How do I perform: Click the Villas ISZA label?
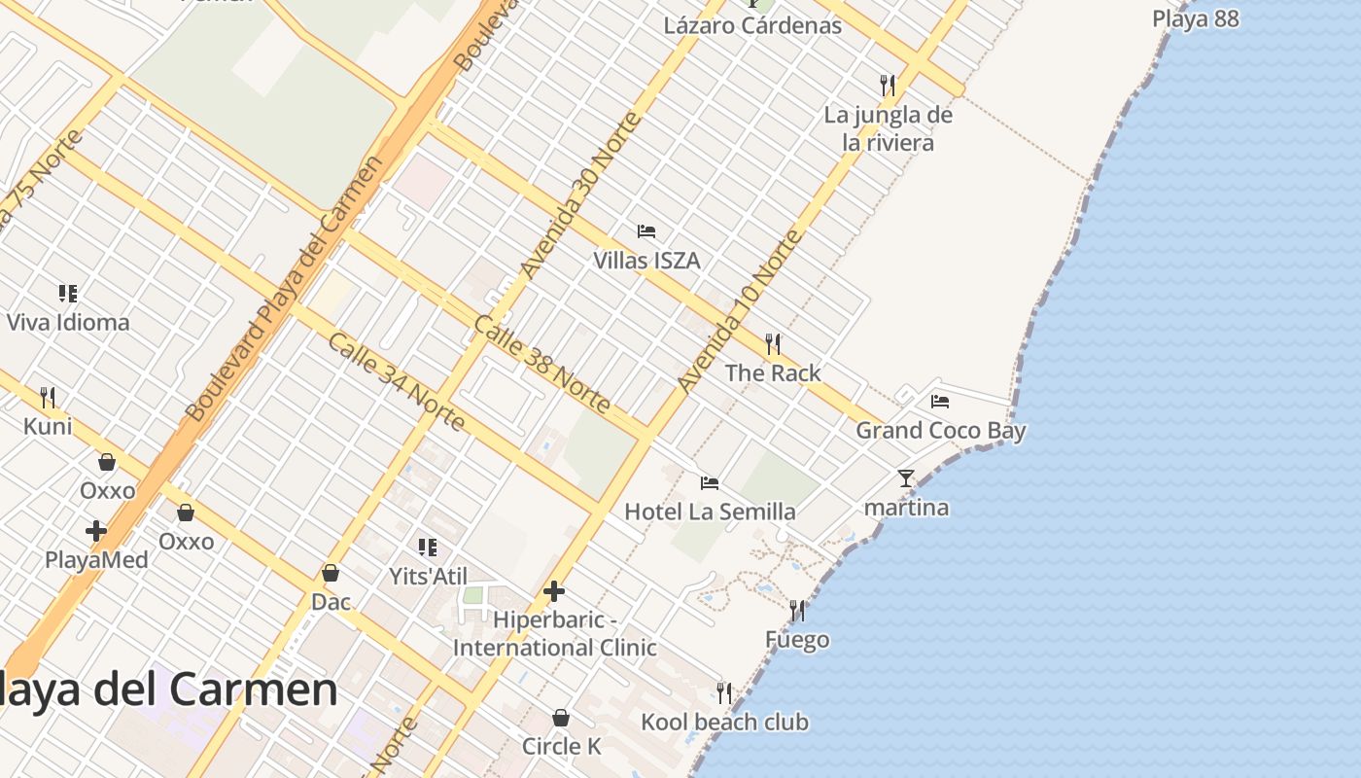tap(646, 261)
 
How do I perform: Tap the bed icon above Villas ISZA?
tap(646, 231)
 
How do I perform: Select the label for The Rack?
tap(773, 372)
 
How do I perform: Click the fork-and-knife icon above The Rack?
tap(773, 343)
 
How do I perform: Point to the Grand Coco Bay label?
tap(940, 430)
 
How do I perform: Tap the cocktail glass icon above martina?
tap(906, 477)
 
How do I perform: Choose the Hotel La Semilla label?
tap(710, 512)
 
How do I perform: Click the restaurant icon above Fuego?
tap(797, 611)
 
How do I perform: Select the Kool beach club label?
tap(724, 723)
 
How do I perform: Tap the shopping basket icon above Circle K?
tap(561, 719)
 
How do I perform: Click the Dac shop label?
tap(331, 602)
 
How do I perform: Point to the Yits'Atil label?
tap(428, 576)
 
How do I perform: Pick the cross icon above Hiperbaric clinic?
tap(554, 590)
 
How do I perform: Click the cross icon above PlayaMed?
tap(96, 531)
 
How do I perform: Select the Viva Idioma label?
tap(68, 322)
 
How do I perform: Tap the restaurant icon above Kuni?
tap(48, 397)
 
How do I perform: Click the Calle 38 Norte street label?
tap(541, 364)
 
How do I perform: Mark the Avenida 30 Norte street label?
tap(581, 194)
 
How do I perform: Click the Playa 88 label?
tap(1195, 18)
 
